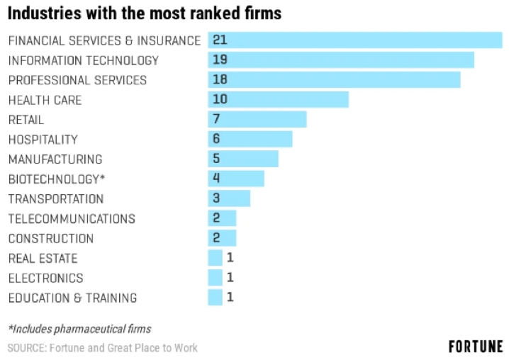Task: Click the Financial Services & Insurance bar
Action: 354,40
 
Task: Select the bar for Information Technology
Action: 340,60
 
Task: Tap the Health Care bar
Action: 278,100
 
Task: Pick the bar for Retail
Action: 257,120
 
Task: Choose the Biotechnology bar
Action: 235,179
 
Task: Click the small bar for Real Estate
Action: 215,258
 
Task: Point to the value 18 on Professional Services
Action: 220,80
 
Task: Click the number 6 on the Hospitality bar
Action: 216,140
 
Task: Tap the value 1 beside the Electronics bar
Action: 230,278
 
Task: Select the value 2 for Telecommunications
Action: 216,218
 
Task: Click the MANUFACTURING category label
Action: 55,159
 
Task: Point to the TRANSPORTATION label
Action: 55,199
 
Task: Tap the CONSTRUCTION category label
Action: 50,239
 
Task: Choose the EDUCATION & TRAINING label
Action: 72,298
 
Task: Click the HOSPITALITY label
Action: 43,140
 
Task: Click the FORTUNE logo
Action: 476,347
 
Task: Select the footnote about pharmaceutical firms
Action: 79,329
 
